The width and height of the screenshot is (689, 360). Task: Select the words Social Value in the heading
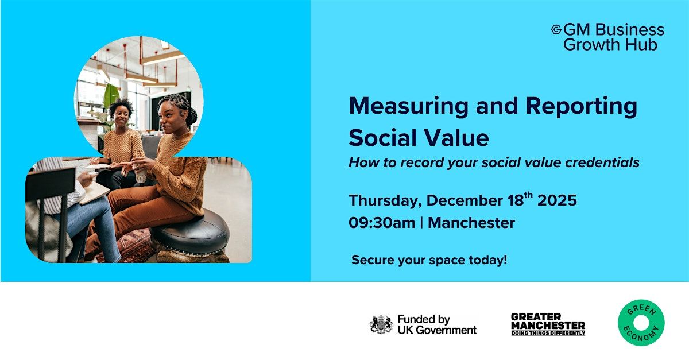[x=419, y=138]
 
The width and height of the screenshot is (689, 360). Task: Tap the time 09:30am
[x=381, y=223]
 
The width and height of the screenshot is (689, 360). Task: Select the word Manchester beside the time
[x=471, y=223]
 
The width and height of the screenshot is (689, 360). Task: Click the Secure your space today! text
[x=429, y=260]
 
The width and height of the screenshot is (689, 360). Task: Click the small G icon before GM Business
[x=556, y=29]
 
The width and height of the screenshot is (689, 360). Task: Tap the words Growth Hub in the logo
[x=610, y=45]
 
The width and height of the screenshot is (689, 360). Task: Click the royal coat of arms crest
[x=381, y=324]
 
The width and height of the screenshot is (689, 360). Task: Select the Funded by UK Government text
[x=436, y=324]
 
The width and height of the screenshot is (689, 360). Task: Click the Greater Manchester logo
[x=548, y=324]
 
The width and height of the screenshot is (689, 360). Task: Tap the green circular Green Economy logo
[x=641, y=323]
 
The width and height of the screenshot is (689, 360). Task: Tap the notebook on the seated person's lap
[x=94, y=192]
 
